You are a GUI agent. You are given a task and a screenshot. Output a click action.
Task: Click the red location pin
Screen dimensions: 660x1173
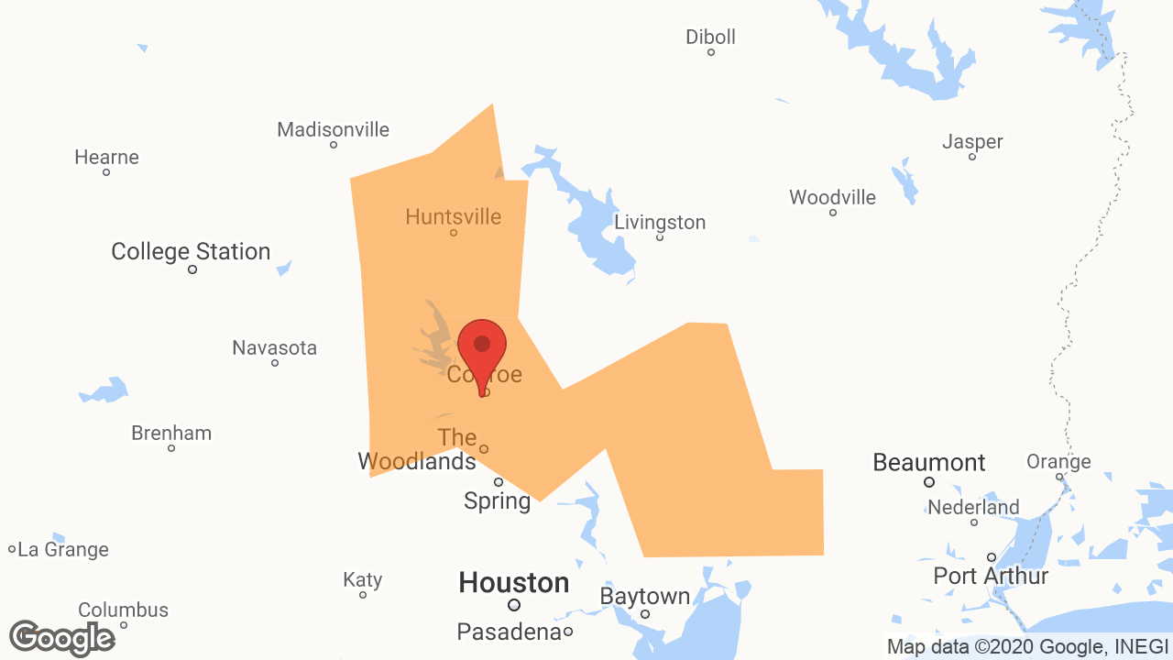(x=481, y=348)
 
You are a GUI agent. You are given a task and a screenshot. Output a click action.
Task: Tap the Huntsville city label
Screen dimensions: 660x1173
(x=453, y=217)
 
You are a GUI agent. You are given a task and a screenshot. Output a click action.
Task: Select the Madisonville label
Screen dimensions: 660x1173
(x=333, y=130)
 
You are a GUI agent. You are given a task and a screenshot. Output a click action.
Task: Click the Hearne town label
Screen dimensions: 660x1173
(x=106, y=158)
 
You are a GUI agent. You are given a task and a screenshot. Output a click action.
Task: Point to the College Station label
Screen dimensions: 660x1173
(x=191, y=251)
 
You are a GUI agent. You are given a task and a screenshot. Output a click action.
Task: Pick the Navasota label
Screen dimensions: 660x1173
(x=274, y=348)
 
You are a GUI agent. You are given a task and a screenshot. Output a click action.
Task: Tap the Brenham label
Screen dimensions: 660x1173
(x=171, y=433)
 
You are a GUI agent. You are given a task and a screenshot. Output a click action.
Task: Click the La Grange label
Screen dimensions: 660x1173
(x=62, y=550)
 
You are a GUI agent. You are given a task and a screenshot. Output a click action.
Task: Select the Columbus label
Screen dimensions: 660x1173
(x=123, y=610)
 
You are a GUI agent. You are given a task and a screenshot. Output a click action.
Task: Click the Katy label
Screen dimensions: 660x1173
(x=362, y=579)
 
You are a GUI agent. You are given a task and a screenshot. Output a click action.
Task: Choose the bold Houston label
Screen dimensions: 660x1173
(x=513, y=582)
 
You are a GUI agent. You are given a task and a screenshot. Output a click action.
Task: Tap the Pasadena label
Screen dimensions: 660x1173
(x=509, y=632)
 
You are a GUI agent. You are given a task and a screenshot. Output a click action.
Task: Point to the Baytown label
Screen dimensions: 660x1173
(x=644, y=597)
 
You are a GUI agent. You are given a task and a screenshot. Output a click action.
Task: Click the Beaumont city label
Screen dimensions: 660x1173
(x=928, y=463)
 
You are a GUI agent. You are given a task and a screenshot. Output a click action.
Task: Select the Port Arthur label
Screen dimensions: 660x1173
(x=991, y=576)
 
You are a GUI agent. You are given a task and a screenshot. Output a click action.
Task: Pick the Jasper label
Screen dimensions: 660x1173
(x=972, y=142)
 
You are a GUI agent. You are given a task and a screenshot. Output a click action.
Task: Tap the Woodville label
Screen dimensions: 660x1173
(x=832, y=197)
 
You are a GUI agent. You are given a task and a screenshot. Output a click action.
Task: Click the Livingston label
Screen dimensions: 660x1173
(x=660, y=223)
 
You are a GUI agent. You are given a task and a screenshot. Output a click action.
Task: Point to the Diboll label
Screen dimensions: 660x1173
(x=710, y=38)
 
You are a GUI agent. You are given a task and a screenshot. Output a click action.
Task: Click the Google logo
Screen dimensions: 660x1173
(x=62, y=638)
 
